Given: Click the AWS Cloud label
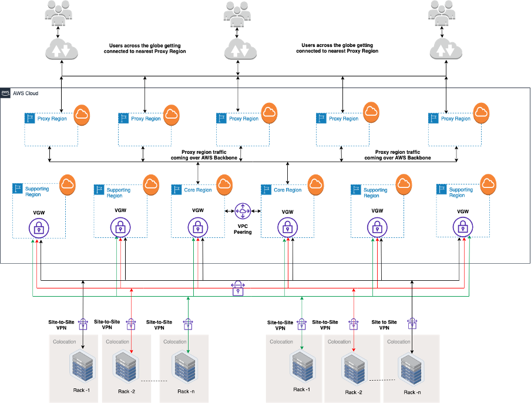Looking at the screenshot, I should (26, 93).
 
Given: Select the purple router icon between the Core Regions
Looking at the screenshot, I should (243, 211).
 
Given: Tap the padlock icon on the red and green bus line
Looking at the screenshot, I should (238, 288).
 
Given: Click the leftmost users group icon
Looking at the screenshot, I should (58, 13).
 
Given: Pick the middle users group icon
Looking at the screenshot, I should (237, 13).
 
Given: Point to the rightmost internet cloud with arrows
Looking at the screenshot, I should (446, 49).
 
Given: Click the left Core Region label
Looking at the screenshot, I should (198, 190).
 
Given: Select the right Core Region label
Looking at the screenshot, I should (287, 190).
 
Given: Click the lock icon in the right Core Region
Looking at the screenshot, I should (287, 227).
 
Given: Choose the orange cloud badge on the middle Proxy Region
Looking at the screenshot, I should (269, 113).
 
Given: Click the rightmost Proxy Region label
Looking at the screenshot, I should (456, 119).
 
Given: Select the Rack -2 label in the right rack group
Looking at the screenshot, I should (354, 392).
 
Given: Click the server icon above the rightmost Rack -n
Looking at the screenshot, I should (411, 368).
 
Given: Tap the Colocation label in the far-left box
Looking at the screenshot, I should (65, 341).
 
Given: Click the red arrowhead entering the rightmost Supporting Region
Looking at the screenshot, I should (465, 241).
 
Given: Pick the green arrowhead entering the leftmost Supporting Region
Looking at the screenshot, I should (32, 241).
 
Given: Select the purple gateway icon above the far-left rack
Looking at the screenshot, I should (83, 324).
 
